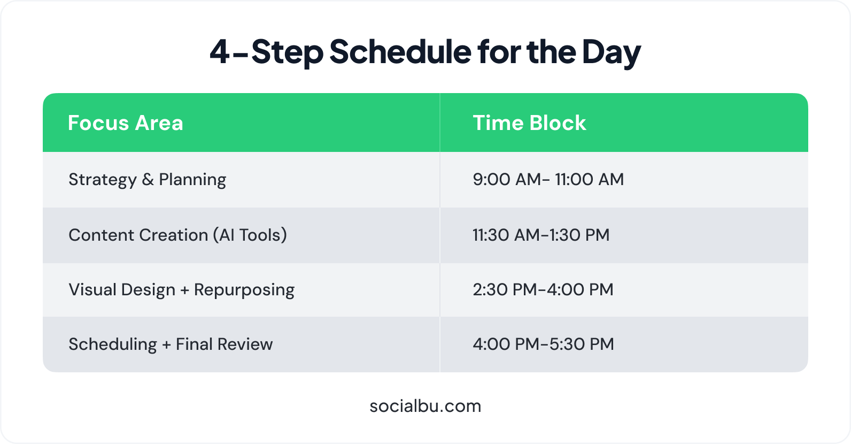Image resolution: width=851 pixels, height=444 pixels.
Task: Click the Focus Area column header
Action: point(126,123)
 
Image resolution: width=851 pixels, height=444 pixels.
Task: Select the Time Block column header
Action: point(529,123)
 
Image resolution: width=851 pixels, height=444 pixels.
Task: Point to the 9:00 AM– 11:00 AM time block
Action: point(548,179)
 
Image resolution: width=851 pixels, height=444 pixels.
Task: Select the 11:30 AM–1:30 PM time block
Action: point(541,235)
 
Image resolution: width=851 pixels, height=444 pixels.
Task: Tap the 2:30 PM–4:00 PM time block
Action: point(543,289)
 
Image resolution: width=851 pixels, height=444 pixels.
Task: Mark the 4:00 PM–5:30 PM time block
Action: point(543,344)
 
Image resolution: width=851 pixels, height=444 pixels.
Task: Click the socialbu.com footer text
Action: point(426,406)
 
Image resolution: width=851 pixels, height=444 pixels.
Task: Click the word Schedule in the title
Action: point(400,51)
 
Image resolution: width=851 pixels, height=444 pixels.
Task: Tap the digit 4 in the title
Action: point(220,52)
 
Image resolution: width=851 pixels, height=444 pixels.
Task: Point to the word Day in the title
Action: point(612,53)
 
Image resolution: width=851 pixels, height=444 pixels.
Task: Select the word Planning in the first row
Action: point(192,179)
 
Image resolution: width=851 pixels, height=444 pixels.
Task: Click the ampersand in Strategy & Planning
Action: point(148,179)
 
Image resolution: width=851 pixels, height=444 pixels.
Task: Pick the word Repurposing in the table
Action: point(244,290)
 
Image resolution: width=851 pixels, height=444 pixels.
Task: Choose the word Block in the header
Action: point(558,123)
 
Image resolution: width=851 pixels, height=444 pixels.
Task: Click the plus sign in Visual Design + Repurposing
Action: point(184,290)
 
